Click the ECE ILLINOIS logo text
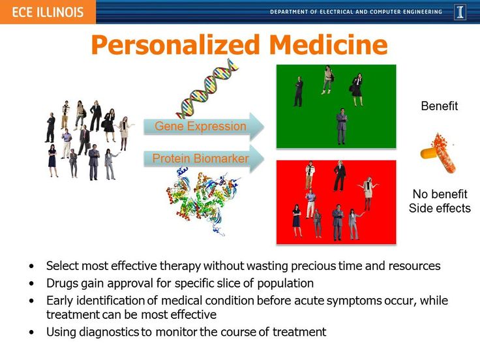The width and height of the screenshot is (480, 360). point(48,12)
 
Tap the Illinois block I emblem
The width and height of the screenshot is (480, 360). point(460,12)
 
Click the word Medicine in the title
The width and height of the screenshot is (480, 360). point(328,44)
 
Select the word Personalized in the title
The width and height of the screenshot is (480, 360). point(175,45)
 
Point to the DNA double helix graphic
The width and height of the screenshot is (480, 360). point(207,89)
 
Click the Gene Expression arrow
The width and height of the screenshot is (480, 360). point(204,127)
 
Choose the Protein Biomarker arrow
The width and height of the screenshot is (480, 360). point(204,158)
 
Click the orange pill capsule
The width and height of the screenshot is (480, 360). point(438,153)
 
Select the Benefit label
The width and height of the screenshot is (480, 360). point(440,106)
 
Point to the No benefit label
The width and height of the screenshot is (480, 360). point(440,194)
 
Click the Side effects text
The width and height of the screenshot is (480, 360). point(440,208)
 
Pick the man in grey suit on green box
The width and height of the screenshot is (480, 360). point(341,126)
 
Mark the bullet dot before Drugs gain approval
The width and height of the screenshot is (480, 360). point(31,284)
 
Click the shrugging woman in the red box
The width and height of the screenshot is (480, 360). point(368,194)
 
